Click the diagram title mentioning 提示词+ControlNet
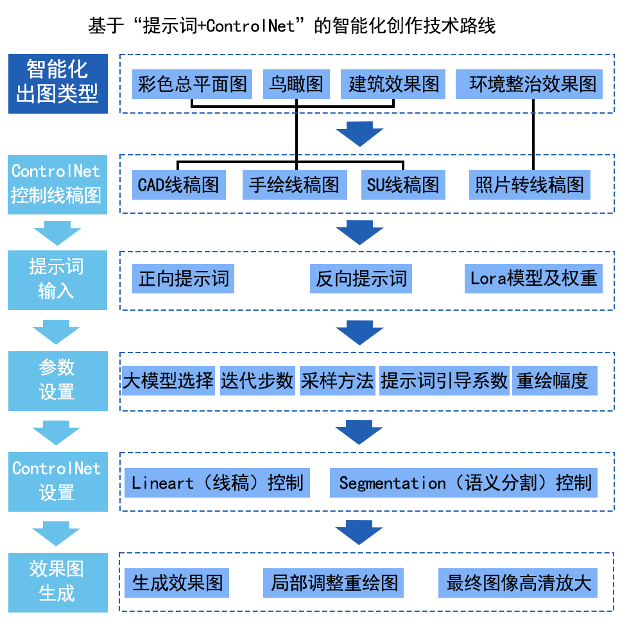click(x=292, y=26)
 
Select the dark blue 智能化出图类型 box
click(x=58, y=84)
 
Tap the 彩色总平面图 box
click(x=193, y=84)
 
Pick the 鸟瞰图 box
click(x=296, y=84)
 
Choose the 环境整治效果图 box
click(x=529, y=84)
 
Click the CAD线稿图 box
click(x=178, y=186)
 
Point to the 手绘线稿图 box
click(x=294, y=186)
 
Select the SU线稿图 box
click(x=402, y=186)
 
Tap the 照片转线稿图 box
click(x=529, y=186)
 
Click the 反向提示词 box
click(x=361, y=279)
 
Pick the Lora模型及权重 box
click(x=533, y=279)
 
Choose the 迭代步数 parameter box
click(x=257, y=381)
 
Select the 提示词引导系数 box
click(x=444, y=381)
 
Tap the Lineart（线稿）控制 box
click(x=218, y=483)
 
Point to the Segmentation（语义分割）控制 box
click(x=463, y=483)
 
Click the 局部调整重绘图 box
click(x=334, y=583)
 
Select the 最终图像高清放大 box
click(x=519, y=583)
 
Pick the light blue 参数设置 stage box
click(x=58, y=381)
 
